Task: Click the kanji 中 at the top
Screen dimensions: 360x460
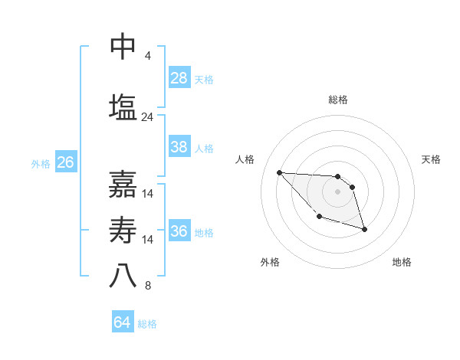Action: (123, 47)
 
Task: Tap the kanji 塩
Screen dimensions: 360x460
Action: (123, 107)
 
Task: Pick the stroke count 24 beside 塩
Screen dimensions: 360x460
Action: (148, 117)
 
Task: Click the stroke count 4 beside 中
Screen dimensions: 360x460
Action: (147, 56)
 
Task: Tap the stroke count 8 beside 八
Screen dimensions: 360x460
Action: (147, 286)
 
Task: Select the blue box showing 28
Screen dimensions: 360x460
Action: (179, 77)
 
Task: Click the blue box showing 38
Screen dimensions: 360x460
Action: (179, 147)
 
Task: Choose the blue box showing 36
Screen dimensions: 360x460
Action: (179, 231)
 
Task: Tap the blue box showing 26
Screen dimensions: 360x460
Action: (66, 162)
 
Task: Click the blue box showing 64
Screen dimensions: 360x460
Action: (123, 322)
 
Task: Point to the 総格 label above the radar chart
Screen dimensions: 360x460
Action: (338, 100)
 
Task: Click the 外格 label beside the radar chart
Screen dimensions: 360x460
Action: (270, 262)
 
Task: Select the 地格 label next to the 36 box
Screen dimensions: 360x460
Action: (204, 233)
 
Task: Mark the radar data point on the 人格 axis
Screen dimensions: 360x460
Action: (279, 172)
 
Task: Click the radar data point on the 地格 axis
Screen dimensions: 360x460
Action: (364, 229)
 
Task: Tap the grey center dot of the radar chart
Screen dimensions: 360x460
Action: (338, 191)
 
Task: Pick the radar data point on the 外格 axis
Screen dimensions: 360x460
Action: (319, 217)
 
